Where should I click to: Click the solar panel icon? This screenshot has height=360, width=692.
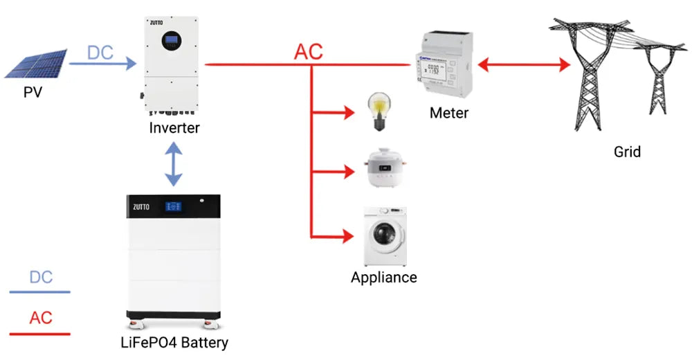(35, 64)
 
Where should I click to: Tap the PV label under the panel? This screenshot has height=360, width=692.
(33, 91)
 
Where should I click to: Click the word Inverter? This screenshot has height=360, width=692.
(174, 127)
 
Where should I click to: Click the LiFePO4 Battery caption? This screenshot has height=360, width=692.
(174, 342)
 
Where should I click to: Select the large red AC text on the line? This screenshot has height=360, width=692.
(309, 52)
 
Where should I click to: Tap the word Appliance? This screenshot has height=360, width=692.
(383, 278)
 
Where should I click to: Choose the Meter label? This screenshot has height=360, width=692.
(448, 113)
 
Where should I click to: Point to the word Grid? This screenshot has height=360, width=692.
(627, 151)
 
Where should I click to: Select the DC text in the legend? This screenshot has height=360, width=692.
(41, 278)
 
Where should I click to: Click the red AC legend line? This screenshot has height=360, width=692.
(39, 334)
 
